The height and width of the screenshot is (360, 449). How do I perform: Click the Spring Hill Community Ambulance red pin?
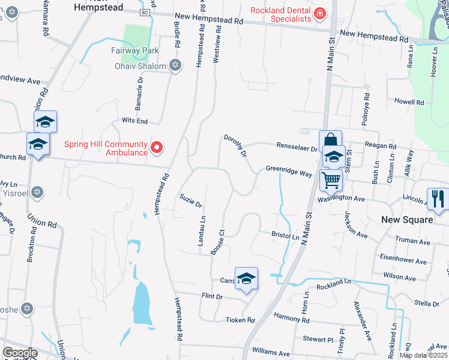(157, 146)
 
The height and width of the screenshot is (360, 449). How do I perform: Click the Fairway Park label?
(134, 51)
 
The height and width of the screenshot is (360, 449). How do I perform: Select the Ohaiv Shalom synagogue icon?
(175, 65)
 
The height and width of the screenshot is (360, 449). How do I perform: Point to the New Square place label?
(407, 220)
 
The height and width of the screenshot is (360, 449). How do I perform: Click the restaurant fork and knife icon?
(437, 199)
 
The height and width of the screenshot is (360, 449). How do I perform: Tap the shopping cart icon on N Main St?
(331, 179)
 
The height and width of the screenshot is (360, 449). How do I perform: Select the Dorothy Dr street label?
(235, 146)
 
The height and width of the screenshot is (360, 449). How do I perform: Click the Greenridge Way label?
(289, 173)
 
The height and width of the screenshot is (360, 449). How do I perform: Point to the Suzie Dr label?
(190, 200)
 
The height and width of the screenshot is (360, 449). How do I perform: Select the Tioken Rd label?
(240, 320)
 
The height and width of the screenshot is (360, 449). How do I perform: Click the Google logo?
(20, 353)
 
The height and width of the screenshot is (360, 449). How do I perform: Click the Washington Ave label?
(341, 198)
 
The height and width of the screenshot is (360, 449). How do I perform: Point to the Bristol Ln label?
(285, 237)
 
